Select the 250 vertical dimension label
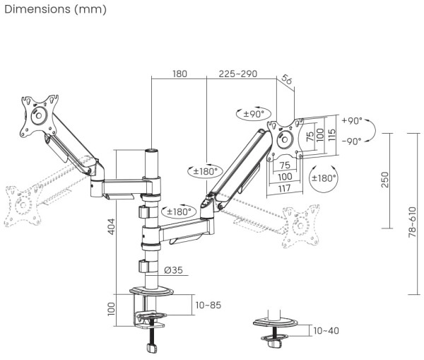point(384,180)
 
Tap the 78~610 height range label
point(411,215)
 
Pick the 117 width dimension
point(283,187)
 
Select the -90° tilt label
point(351,141)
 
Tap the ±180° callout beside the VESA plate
point(324,178)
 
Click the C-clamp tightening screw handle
point(151,348)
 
